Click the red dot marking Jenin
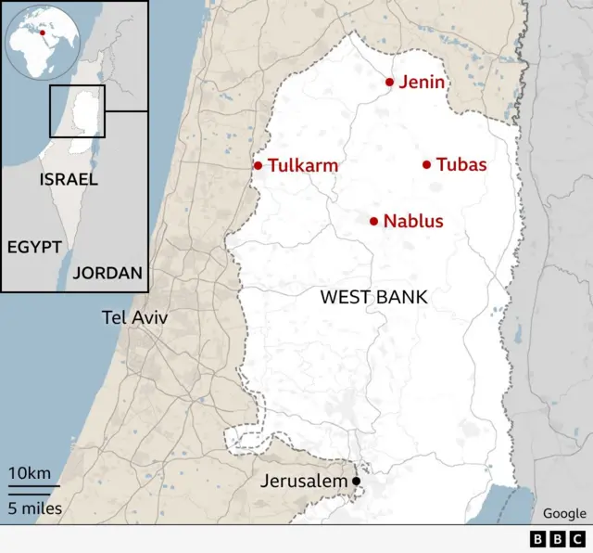[x=390, y=83]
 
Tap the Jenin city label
[x=423, y=83]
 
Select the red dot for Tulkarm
[x=259, y=166]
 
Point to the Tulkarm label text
[x=302, y=166]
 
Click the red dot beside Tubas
[x=426, y=165]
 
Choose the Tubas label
[x=461, y=165]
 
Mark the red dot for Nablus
[x=374, y=221]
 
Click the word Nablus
[x=413, y=222]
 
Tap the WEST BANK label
[x=373, y=297]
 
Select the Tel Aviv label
[x=135, y=318]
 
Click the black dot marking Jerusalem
[x=356, y=481]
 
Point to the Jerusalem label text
[x=304, y=482]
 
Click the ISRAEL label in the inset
[x=69, y=179]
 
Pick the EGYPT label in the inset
[x=34, y=247]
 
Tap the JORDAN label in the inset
[x=107, y=273]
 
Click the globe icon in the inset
[x=41, y=41]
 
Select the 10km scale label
[x=30, y=473]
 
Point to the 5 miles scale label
[x=36, y=508]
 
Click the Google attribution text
[x=564, y=513]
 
